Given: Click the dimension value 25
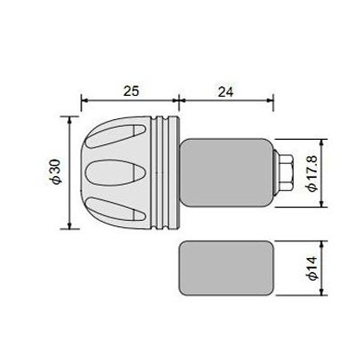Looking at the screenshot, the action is (131, 91).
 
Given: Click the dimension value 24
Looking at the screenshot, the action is (225, 92).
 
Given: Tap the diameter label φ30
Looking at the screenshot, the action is (56, 172).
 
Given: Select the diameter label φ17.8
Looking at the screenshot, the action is (312, 174).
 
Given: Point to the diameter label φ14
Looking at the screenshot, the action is (312, 268).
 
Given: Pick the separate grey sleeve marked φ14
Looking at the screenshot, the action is (226, 268).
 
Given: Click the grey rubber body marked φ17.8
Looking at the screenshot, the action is (226, 173).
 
